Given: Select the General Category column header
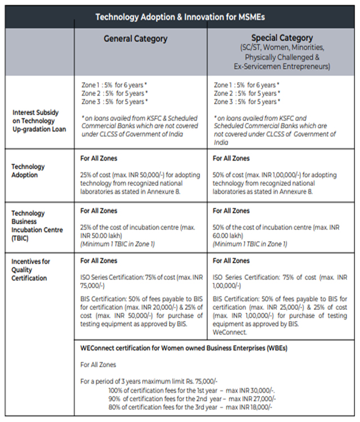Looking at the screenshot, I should tap(135, 39).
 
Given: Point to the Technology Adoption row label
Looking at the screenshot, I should tap(28, 171).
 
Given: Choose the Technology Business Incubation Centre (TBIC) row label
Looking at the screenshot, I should tap(32, 226).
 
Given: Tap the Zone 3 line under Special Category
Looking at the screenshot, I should tap(246, 102).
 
